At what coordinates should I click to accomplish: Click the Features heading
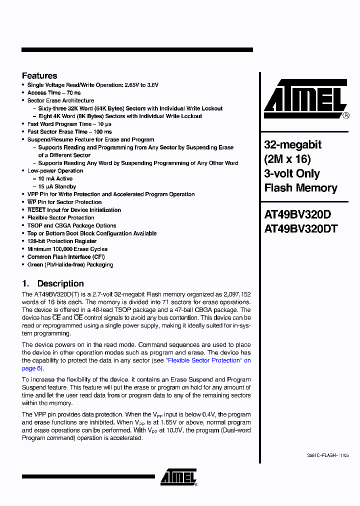tap(39, 76)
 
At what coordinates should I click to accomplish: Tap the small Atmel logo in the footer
tap(178, 477)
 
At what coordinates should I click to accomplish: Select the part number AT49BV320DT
tap(301, 228)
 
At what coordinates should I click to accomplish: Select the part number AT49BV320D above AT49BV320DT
tap(297, 214)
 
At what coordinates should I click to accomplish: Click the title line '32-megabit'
tap(292, 145)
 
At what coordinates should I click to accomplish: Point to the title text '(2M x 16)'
tap(287, 159)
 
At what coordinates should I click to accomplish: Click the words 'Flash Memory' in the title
tap(300, 188)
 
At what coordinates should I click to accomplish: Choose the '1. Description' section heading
tap(52, 283)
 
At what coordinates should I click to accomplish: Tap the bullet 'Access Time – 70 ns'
tap(54, 93)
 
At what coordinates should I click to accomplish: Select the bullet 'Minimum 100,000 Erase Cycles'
tap(67, 249)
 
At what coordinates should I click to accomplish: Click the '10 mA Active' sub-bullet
tap(55, 178)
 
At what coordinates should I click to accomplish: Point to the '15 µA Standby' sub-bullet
tap(57, 186)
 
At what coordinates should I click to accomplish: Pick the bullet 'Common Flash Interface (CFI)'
tap(66, 257)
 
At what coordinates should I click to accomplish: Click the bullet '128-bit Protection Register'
tap(62, 241)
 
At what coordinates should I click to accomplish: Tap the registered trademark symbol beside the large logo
tap(346, 115)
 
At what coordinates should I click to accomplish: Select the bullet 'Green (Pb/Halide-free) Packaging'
tap(70, 264)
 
